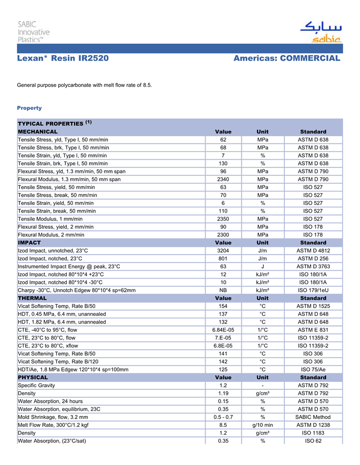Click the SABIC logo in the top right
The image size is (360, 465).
(x=320, y=32)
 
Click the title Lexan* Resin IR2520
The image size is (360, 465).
(x=63, y=59)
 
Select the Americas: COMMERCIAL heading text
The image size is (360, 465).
(x=286, y=59)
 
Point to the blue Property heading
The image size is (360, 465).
(x=29, y=108)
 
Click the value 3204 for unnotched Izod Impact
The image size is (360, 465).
(x=223, y=251)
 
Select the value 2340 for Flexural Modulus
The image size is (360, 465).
(x=223, y=179)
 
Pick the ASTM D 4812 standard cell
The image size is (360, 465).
(x=313, y=251)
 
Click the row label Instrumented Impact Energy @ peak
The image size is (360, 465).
(x=69, y=267)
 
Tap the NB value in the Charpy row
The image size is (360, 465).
(x=223, y=290)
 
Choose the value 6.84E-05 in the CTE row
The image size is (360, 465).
(x=223, y=330)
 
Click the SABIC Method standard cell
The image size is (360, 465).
(x=313, y=417)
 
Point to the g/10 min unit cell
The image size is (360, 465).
(x=262, y=425)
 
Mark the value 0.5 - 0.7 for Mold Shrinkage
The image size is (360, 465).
(x=223, y=417)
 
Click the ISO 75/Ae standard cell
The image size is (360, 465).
(x=313, y=369)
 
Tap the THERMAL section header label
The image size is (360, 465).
(x=32, y=298)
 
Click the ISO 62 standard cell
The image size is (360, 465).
(x=313, y=441)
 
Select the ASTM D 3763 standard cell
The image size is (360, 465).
(x=313, y=267)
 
